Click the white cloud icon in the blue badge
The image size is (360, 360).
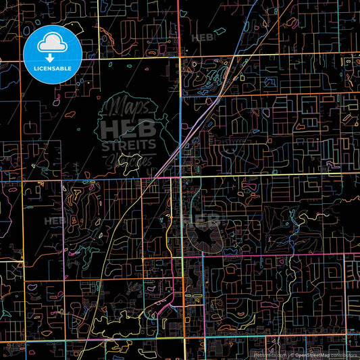(53, 43)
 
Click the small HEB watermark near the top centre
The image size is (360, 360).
(203, 38)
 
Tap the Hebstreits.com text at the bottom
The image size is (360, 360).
(268, 355)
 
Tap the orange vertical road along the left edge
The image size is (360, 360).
(22, 203)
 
